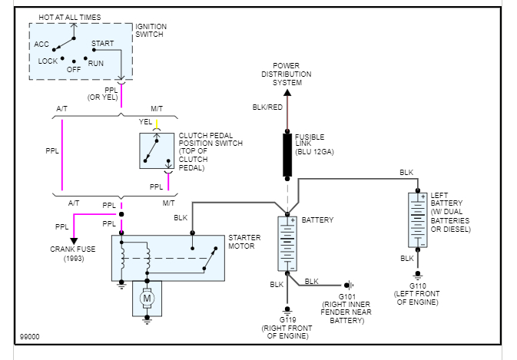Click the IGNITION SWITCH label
(x=151, y=31)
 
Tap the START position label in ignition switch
(x=102, y=44)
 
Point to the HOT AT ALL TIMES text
(x=70, y=16)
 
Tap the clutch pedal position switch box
(x=157, y=150)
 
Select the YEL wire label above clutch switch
(x=145, y=121)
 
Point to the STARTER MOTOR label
(x=244, y=242)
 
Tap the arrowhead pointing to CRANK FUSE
(x=74, y=241)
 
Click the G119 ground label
(x=287, y=319)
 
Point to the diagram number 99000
(x=30, y=337)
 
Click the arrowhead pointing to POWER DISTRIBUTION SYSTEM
(x=287, y=89)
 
